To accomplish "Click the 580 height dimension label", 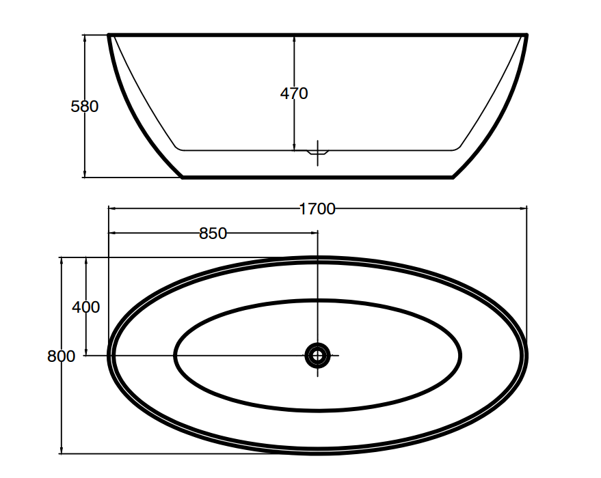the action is [85, 107].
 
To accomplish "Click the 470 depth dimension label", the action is [294, 94].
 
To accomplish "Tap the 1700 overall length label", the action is [317, 209].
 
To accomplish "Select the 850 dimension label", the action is [213, 233].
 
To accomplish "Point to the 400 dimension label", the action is [86, 307].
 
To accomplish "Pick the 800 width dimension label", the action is [62, 356].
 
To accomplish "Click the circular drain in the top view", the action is [317, 356].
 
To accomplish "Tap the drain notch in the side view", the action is [318, 152].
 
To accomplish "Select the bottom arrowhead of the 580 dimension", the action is [85, 173].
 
